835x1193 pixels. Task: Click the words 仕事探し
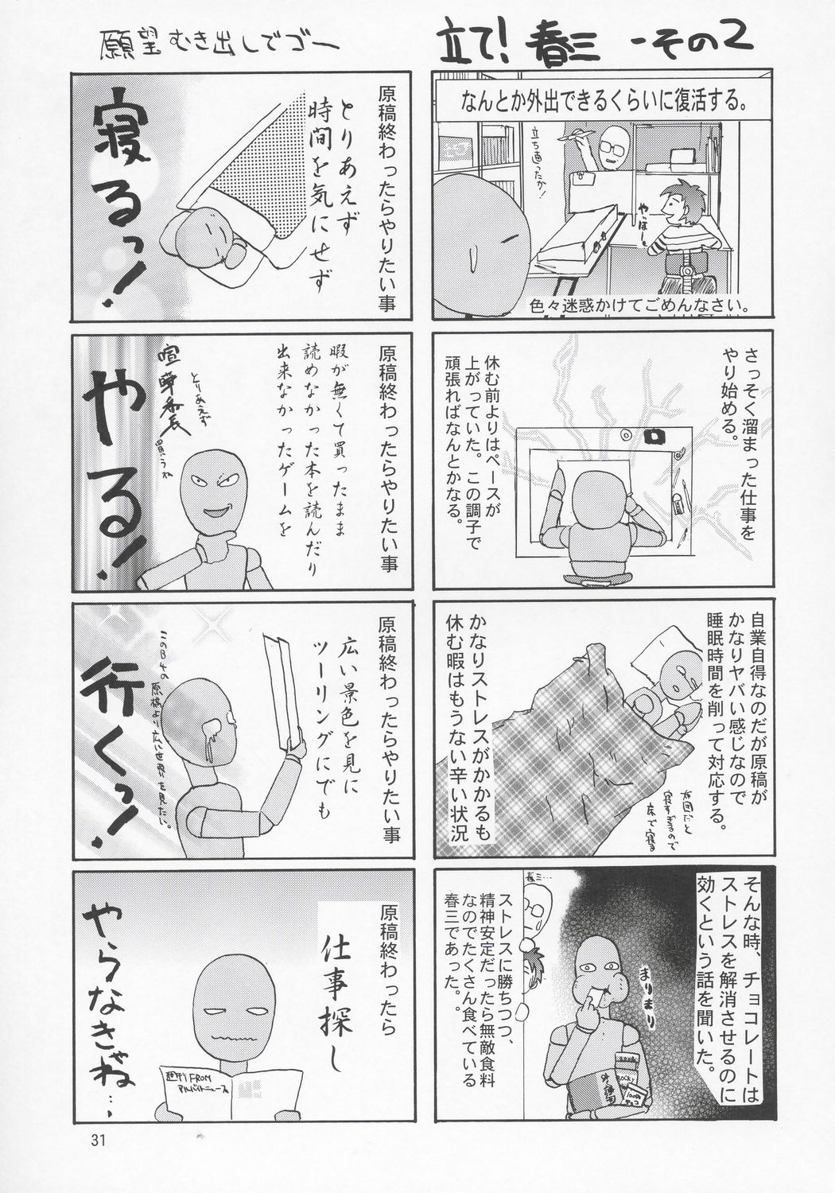tap(344, 986)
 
